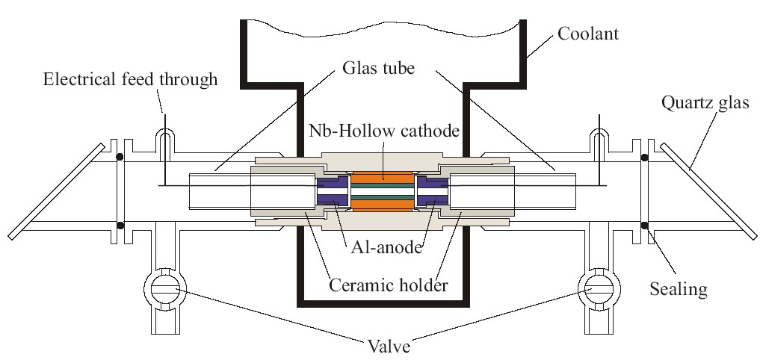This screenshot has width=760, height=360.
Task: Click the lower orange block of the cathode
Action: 382,204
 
